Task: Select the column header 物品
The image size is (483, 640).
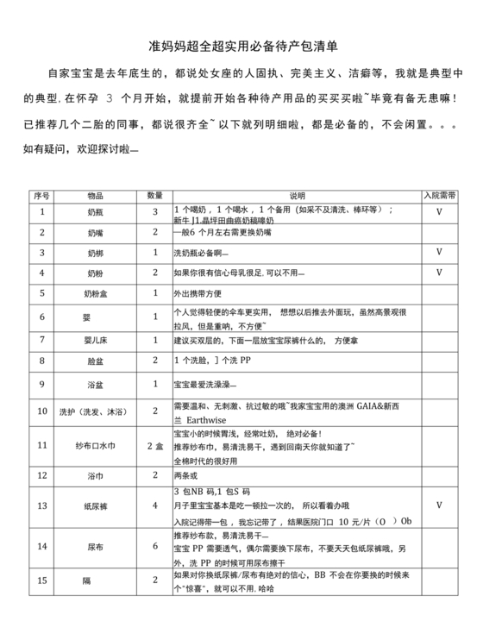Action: click(94, 196)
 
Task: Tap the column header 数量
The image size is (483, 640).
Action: click(155, 196)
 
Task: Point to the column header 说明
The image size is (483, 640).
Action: click(297, 196)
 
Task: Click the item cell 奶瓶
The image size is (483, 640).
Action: click(94, 211)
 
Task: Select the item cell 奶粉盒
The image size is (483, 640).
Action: click(94, 294)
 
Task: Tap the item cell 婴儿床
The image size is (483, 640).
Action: click(94, 341)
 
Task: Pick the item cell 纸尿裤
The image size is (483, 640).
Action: click(94, 505)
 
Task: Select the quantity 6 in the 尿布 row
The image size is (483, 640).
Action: click(155, 545)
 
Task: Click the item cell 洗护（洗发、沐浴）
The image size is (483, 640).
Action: click(94, 411)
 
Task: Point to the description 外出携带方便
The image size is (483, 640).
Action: click(204, 294)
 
